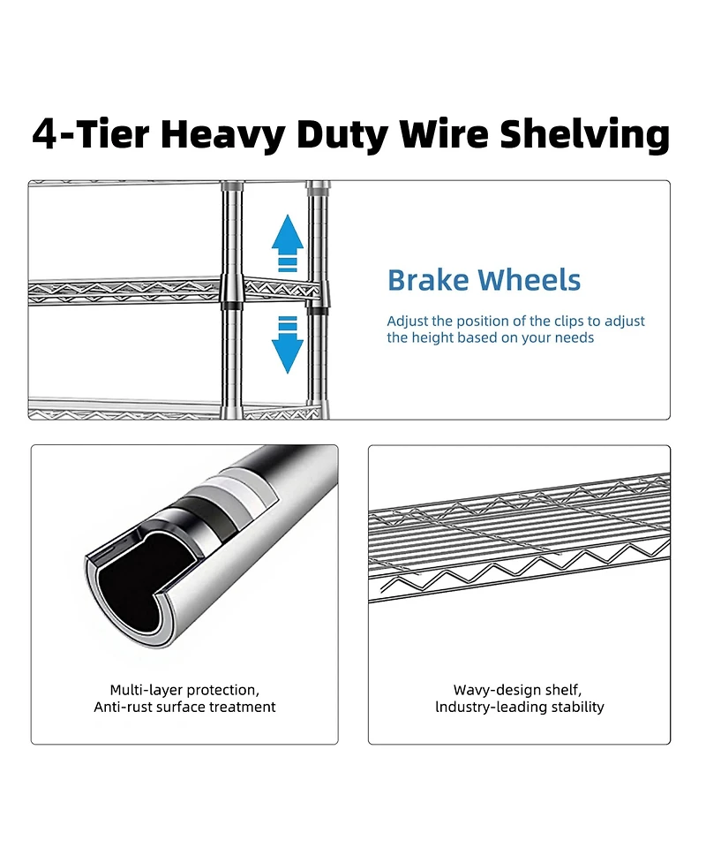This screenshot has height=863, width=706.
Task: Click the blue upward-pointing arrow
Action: [x=288, y=239]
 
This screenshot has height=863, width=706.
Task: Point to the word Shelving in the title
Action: [x=584, y=135]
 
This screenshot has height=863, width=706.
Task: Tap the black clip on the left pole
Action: [x=231, y=305]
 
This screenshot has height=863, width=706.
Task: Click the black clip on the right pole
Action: [x=317, y=309]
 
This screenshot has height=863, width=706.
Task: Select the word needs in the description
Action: [x=575, y=337]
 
